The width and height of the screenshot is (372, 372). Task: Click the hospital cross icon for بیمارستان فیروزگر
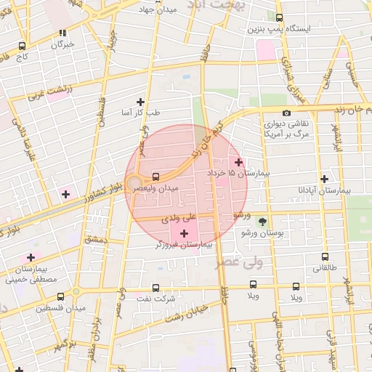pyautogui.click(x=184, y=233)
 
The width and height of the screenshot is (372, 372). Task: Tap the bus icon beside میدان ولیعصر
pyautogui.click(x=156, y=177)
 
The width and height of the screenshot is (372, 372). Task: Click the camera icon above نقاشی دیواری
pyautogui.click(x=287, y=113)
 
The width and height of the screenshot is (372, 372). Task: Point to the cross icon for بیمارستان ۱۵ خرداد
pyautogui.click(x=239, y=161)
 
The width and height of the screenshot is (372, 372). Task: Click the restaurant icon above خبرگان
pyautogui.click(x=63, y=32)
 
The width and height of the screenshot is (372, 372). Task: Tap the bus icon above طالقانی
pyautogui.click(x=324, y=256)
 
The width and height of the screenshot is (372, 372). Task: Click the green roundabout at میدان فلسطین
pyautogui.click(x=76, y=292)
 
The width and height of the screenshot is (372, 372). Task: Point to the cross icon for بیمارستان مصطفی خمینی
pyautogui.click(x=31, y=257)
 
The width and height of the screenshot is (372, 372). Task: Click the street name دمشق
pyautogui.click(x=94, y=239)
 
